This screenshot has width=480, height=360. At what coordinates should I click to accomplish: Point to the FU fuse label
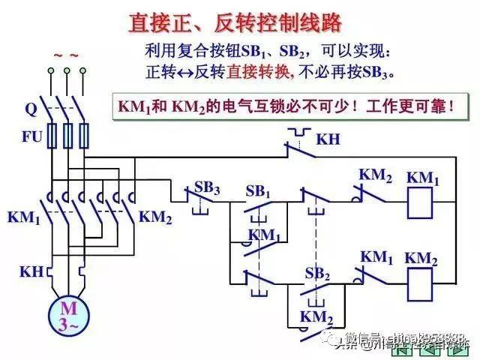pyautogui.click(x=31, y=137)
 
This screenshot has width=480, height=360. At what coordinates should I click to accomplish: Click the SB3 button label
pyautogui.click(x=206, y=187)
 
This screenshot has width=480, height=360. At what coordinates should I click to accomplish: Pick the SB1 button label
pyautogui.click(x=258, y=191)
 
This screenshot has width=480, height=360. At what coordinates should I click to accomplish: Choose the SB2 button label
pyautogui.click(x=317, y=273)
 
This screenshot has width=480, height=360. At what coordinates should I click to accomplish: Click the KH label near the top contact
pyautogui.click(x=328, y=139)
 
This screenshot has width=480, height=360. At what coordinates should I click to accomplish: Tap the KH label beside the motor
pyautogui.click(x=31, y=271)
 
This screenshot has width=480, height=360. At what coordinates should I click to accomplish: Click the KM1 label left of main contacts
pyautogui.click(x=24, y=217)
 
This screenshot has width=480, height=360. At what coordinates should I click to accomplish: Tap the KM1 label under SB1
pyautogui.click(x=264, y=235)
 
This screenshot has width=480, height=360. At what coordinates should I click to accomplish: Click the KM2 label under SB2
pyautogui.click(x=316, y=316)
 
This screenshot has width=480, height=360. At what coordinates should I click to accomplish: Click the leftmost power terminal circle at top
pyautogui.click(x=51, y=71)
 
